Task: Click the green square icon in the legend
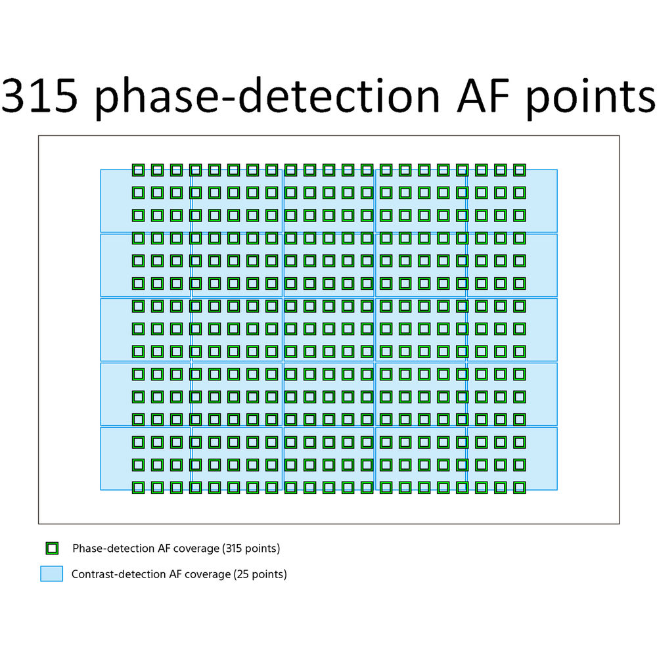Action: [52, 548]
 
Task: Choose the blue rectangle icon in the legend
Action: [51, 574]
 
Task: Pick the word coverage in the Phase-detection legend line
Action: [196, 548]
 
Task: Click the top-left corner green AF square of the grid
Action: [137, 170]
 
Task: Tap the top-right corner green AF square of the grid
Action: [520, 170]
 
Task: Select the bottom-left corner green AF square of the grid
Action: [137, 487]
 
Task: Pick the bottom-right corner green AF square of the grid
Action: [520, 487]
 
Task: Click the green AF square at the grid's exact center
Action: [328, 328]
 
